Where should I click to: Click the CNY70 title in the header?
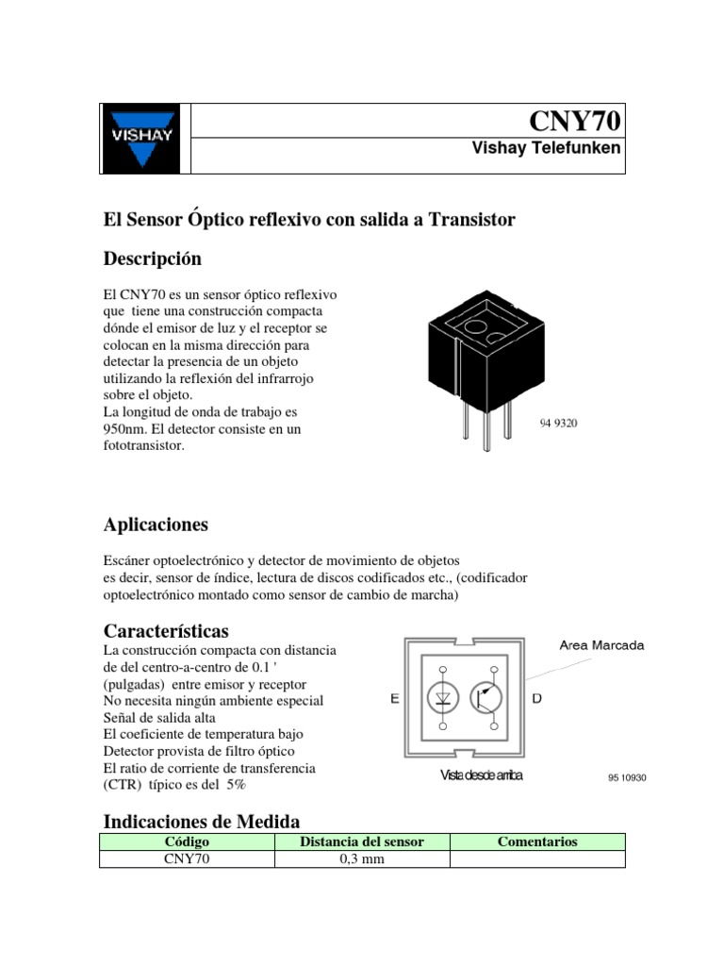(x=575, y=122)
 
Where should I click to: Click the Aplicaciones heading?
(x=155, y=525)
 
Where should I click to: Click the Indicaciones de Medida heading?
(x=200, y=822)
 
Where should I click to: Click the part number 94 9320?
(x=557, y=424)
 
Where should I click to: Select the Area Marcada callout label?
(x=601, y=646)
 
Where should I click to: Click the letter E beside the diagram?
(x=394, y=699)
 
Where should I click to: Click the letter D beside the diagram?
(x=536, y=699)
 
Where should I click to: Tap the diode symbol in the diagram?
(x=443, y=698)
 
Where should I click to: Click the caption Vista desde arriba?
(x=481, y=776)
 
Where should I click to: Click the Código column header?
(x=187, y=841)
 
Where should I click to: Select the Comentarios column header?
(x=537, y=841)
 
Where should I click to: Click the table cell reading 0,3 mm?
(x=361, y=858)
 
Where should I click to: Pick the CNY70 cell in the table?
(x=187, y=858)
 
